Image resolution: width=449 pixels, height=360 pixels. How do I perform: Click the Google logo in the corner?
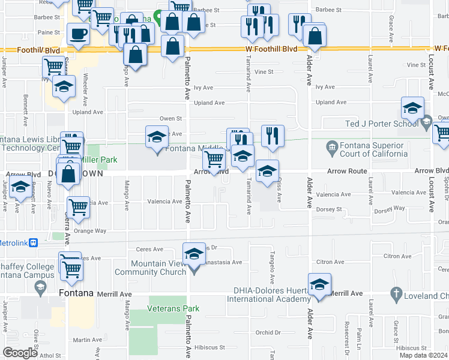coord(20,352)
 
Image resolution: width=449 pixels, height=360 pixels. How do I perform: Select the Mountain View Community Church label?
coord(166,267)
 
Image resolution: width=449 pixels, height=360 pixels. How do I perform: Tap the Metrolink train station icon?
coord(34,243)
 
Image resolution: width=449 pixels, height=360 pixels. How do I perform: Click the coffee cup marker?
coord(77,34)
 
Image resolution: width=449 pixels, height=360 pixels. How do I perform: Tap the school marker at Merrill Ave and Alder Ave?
coord(319,284)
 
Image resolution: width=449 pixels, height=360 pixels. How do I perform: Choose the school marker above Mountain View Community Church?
coord(194,254)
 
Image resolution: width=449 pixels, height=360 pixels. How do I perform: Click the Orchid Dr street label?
coord(268,333)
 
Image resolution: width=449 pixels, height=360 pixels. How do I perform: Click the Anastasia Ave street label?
coord(223,262)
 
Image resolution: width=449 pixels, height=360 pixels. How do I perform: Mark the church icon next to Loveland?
coord(395,295)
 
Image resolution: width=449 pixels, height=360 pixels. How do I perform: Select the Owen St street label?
coord(170,119)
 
